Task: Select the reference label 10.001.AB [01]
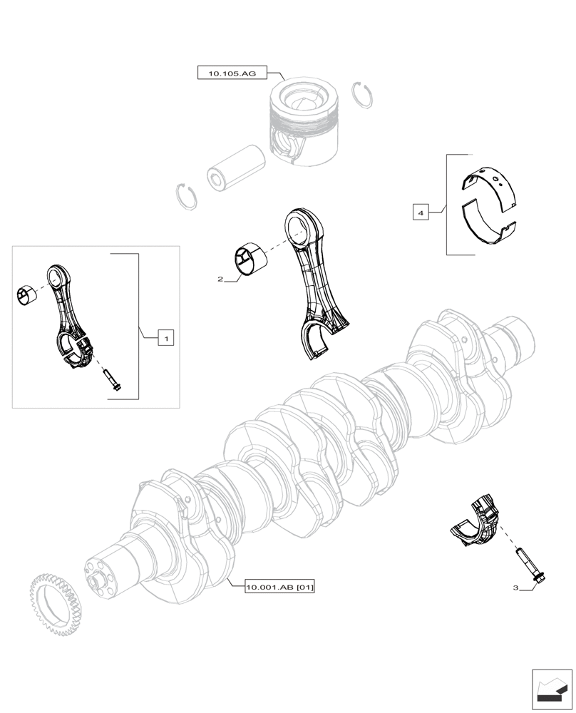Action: pos(279,588)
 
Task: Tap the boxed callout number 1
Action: pos(165,339)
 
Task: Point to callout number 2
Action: pos(221,279)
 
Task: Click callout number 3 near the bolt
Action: pos(515,588)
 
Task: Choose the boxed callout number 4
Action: pos(421,212)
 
